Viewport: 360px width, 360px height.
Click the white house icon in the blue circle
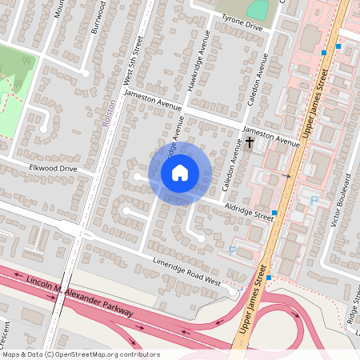(x=180, y=172)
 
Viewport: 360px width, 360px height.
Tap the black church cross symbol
(x=250, y=142)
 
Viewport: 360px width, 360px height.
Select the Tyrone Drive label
(x=242, y=26)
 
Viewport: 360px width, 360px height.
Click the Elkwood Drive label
(x=53, y=169)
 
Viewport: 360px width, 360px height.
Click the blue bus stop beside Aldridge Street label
(x=274, y=213)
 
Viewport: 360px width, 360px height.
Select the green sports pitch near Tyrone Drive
(x=257, y=10)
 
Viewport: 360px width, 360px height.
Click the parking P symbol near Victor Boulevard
(x=314, y=200)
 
